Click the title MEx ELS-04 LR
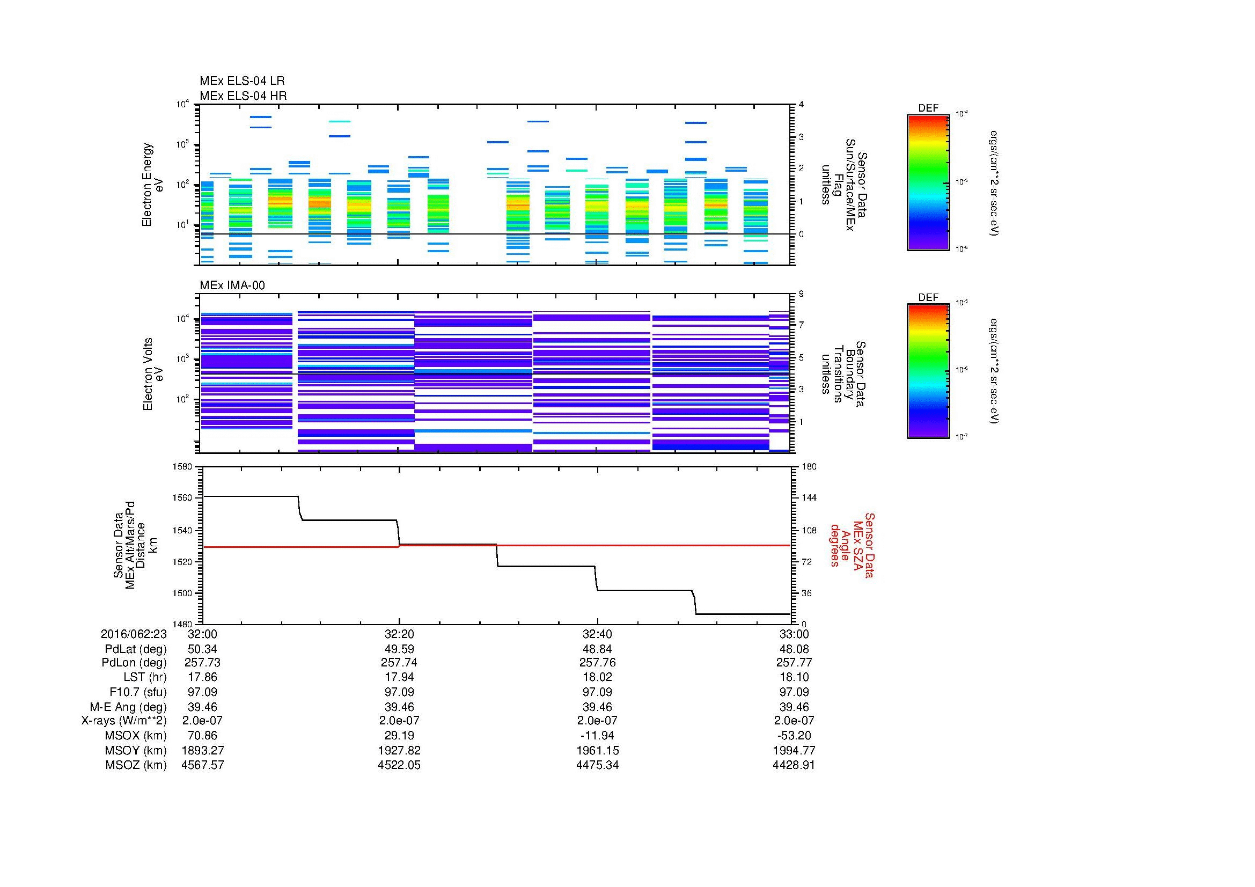click(241, 81)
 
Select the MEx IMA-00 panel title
click(232, 285)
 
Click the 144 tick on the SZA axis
click(809, 498)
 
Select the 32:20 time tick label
click(399, 634)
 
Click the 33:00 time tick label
click(794, 634)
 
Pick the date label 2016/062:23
click(134, 634)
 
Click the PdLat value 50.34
click(202, 649)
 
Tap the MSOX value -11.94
click(597, 735)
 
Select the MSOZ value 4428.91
click(794, 765)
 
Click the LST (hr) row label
click(145, 677)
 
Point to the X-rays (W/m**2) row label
click(124, 720)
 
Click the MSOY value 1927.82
click(399, 750)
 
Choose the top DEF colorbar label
click(928, 108)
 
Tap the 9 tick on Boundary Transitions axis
click(801, 294)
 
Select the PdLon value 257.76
click(597, 662)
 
